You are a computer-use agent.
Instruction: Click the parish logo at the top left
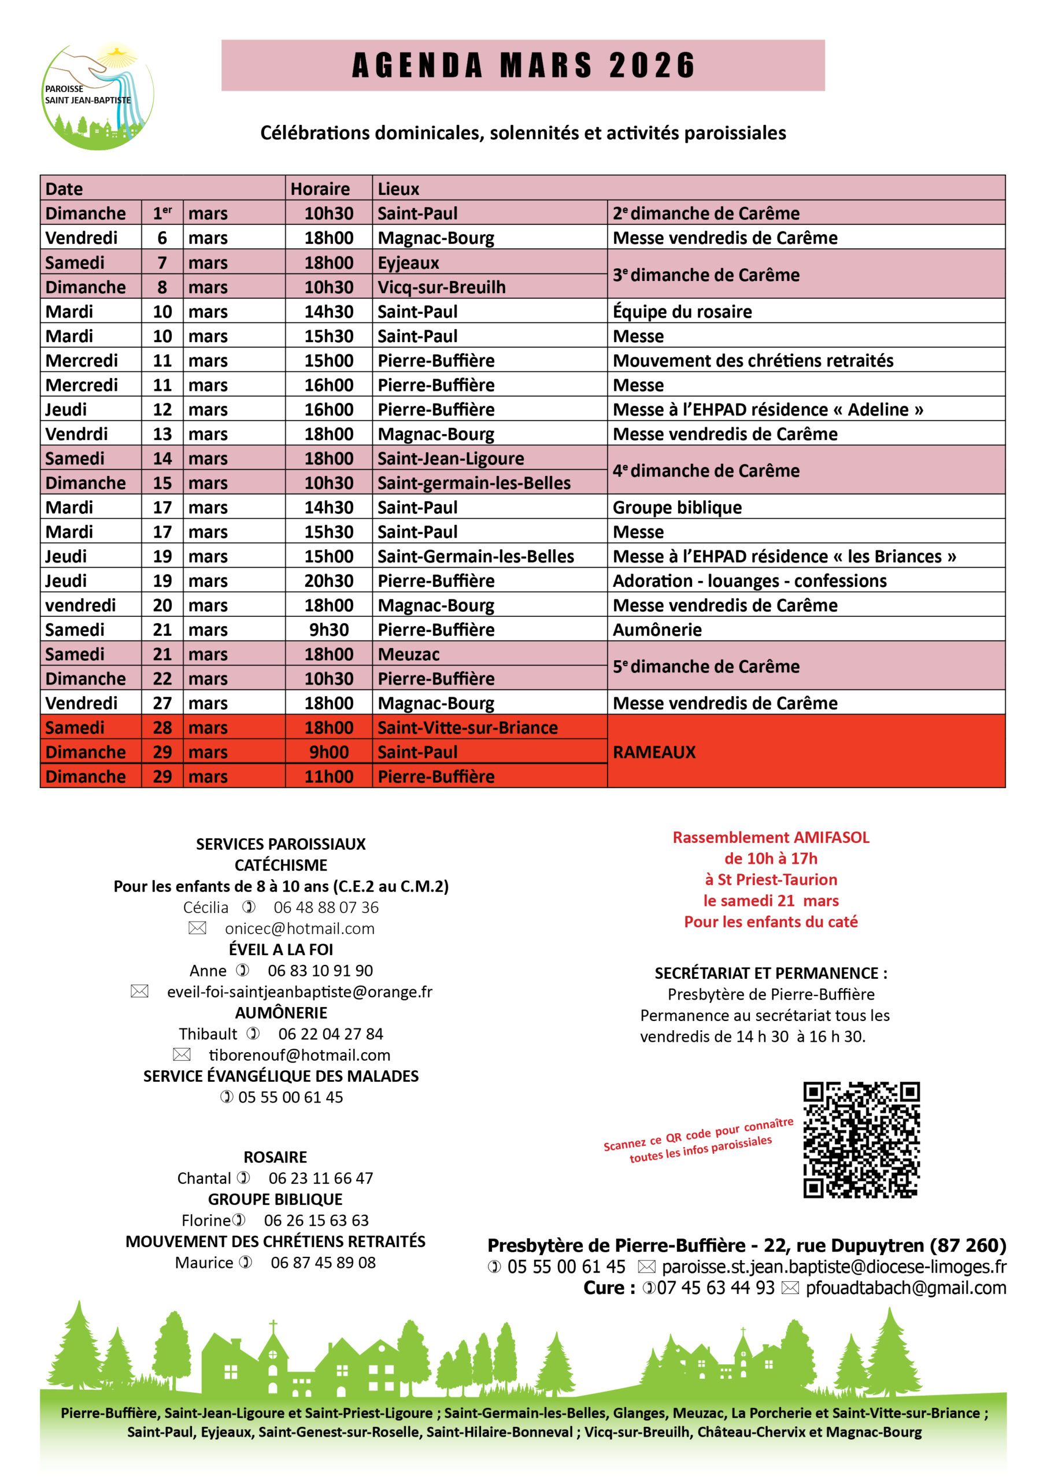[x=97, y=96]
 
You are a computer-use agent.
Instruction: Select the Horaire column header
[x=320, y=189]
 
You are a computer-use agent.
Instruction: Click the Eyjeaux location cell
[x=408, y=263]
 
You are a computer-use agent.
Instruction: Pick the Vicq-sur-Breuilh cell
[x=441, y=287]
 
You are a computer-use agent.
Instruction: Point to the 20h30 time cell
[x=329, y=581]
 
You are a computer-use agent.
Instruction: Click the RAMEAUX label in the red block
[x=654, y=752]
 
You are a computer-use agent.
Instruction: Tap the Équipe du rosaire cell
[x=682, y=312]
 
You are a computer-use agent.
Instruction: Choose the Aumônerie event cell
[x=657, y=630]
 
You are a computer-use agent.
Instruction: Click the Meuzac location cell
[x=408, y=654]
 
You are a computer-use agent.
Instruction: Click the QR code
[x=861, y=1139]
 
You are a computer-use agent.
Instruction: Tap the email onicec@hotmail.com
[x=299, y=928]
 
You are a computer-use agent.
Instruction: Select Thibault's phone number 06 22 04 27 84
[x=331, y=1034]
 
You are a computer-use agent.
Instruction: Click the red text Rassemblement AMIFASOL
[x=771, y=837]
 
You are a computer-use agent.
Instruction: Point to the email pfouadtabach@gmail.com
[x=905, y=1288]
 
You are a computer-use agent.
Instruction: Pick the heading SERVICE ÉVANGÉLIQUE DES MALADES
[x=281, y=1076]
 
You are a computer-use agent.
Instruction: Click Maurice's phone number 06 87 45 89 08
[x=323, y=1263]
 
